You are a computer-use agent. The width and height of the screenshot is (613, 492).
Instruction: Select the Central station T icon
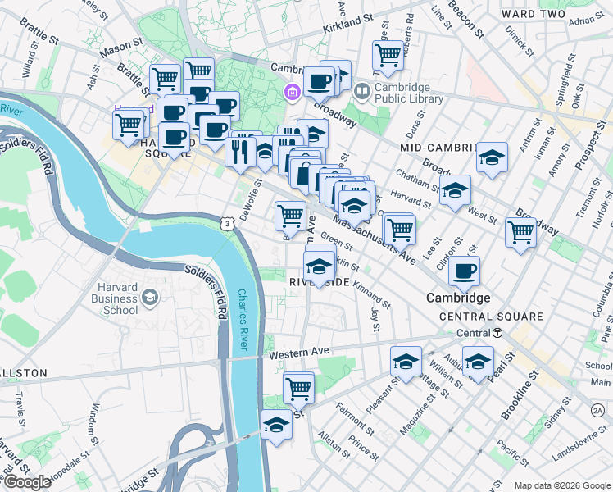(497, 333)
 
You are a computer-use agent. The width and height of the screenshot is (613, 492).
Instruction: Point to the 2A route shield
(596, 409)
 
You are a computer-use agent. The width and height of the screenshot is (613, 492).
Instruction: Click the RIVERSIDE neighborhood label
(320, 282)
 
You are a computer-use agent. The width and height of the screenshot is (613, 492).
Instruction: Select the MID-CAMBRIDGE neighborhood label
(438, 147)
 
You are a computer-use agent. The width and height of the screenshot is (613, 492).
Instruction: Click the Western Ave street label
(302, 352)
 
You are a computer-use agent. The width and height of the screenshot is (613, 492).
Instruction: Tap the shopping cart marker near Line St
(388, 56)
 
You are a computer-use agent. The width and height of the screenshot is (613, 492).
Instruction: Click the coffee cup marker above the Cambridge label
(465, 271)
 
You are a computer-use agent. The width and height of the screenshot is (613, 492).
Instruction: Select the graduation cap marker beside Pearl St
(478, 361)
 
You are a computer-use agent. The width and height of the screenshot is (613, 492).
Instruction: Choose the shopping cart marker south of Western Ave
(298, 387)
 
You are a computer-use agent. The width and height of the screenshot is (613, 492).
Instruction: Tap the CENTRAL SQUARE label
(490, 317)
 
